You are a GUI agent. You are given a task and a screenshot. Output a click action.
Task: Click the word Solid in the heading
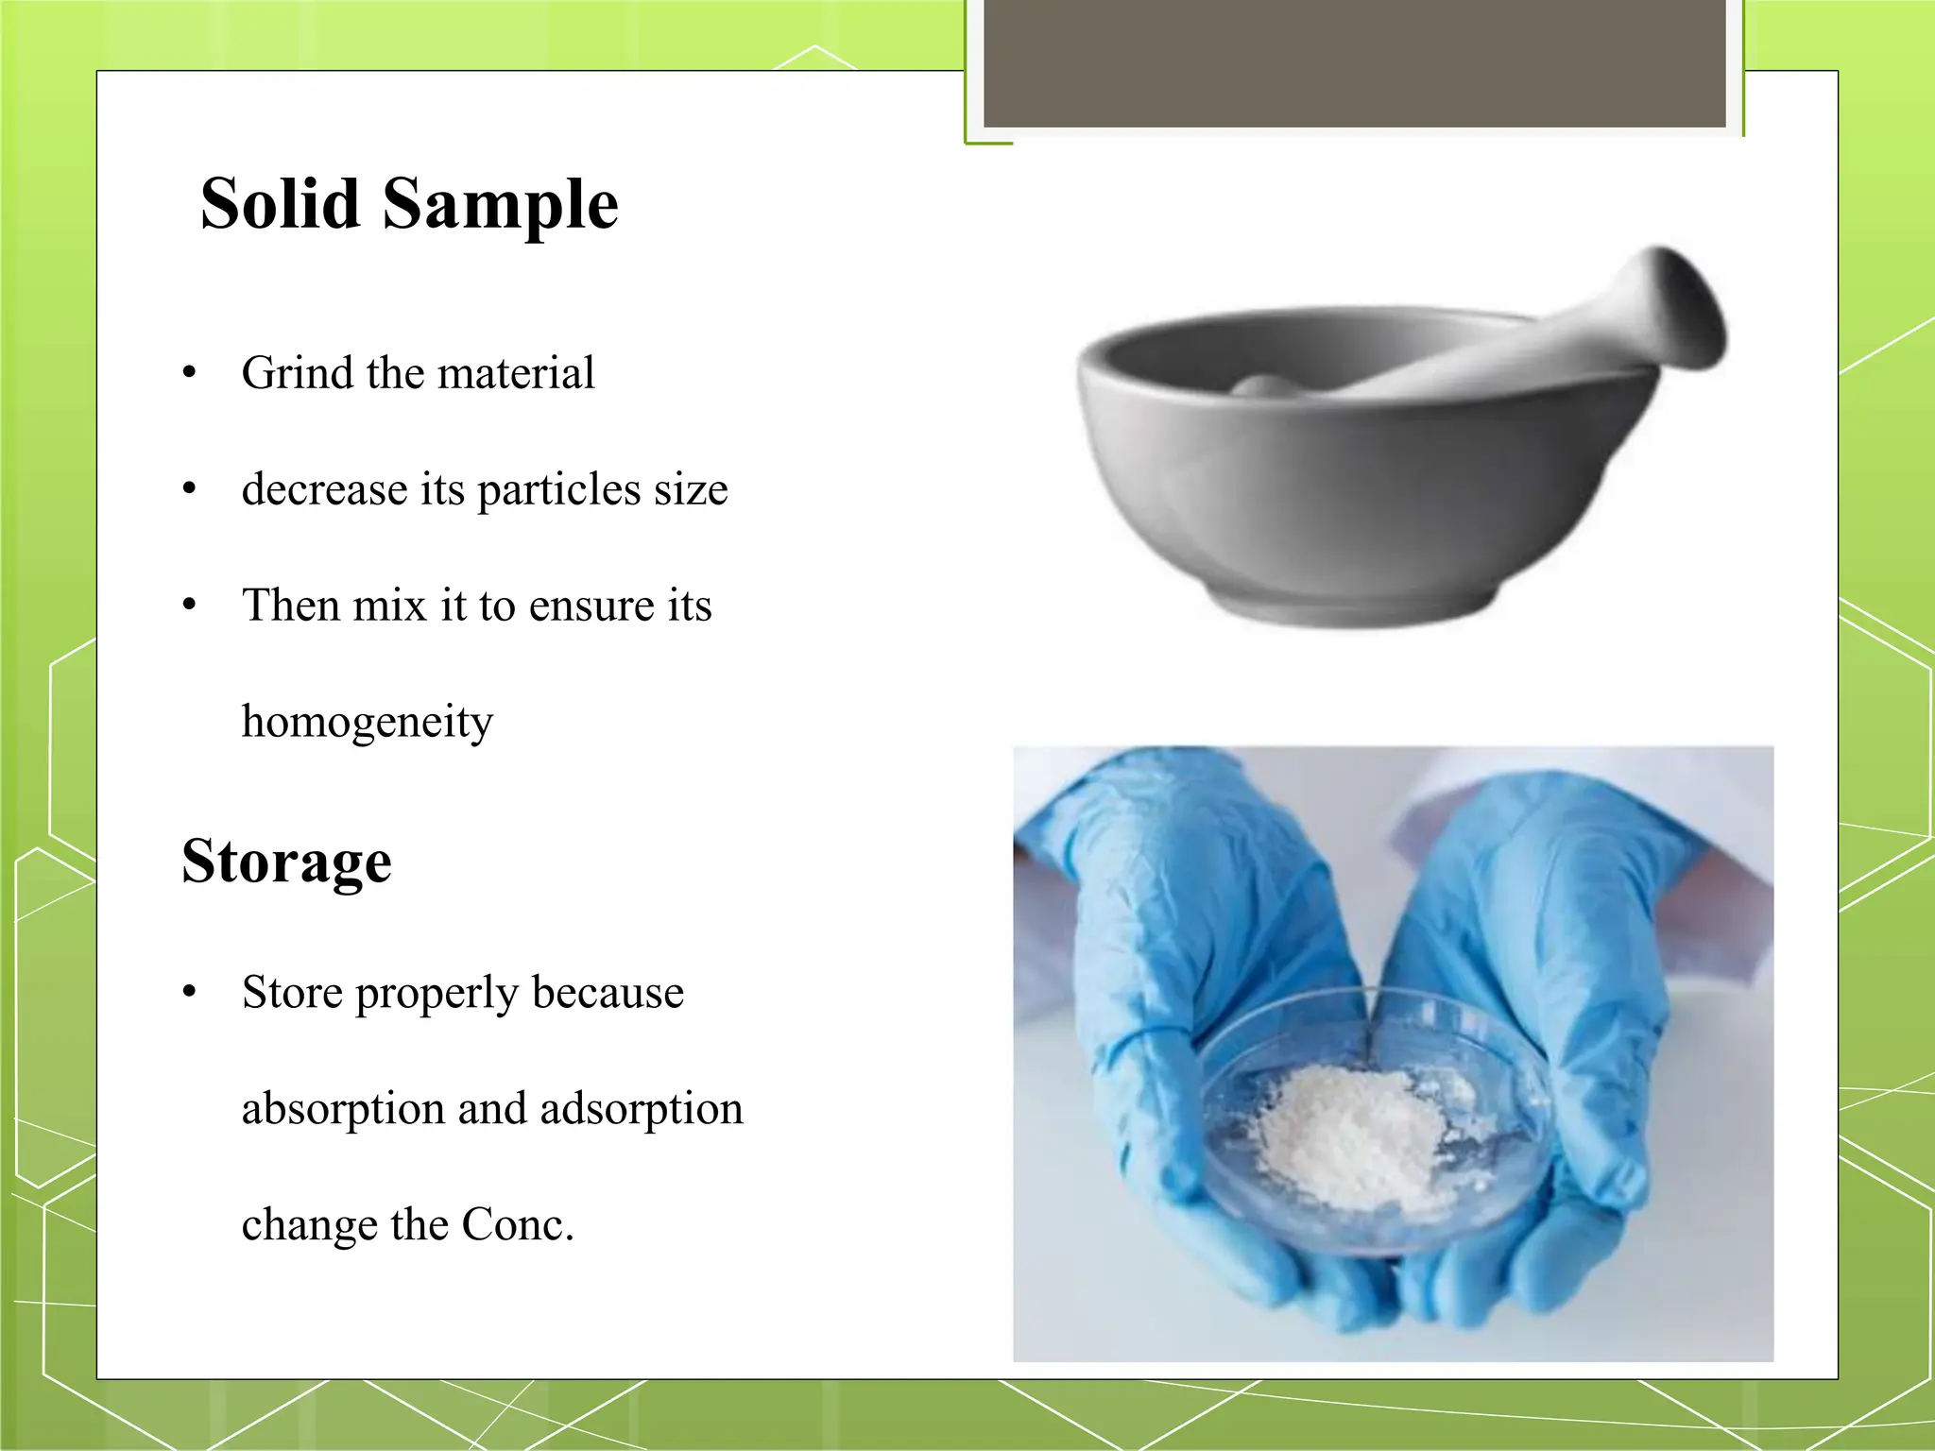281,204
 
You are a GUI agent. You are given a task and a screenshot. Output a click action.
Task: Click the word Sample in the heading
500,206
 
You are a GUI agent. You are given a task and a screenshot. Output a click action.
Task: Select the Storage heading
286,862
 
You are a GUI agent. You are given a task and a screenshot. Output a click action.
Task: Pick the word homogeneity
368,723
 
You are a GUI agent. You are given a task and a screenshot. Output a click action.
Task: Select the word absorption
343,1109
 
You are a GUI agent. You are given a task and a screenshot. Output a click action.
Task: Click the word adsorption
642,1109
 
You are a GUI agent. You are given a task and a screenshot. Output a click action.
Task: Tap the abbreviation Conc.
517,1225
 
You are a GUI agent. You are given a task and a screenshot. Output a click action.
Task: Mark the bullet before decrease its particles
190,489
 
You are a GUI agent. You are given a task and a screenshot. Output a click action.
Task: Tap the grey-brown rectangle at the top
1355,64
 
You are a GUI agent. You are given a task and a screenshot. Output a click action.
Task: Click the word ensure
590,606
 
